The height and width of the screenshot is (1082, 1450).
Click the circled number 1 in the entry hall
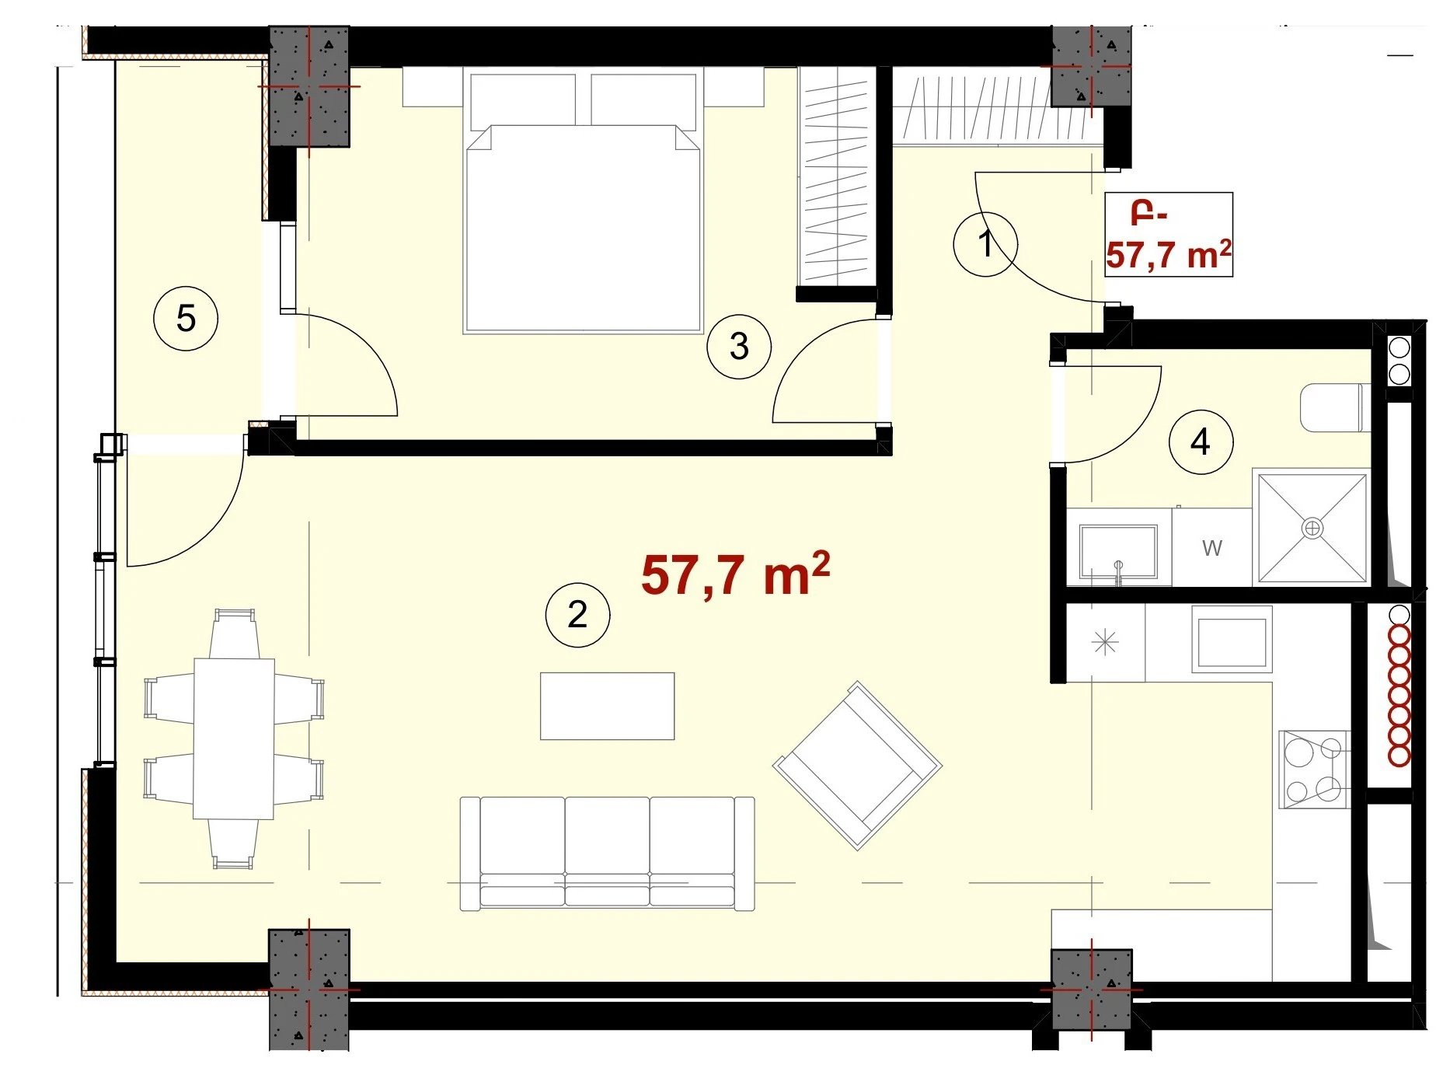point(985,244)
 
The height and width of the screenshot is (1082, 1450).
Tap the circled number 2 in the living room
point(577,615)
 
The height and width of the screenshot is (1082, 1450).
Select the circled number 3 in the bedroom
point(739,347)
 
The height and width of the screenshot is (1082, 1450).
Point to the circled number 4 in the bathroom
point(1201,442)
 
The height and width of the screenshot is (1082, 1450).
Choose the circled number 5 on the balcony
point(186,318)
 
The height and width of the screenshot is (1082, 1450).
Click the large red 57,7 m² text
point(735,574)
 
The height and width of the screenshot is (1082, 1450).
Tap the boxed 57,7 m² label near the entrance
point(1169,254)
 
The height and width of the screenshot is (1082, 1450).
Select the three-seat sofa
point(607,853)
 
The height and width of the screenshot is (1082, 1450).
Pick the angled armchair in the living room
point(857,766)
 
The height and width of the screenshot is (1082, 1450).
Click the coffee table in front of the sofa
point(608,706)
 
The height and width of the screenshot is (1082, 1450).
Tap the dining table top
point(234,738)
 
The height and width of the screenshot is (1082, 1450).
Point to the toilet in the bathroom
point(1334,407)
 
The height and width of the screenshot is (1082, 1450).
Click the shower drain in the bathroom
point(1312,529)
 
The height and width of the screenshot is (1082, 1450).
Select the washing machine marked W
point(1211,547)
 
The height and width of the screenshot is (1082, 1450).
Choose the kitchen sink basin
point(1232,643)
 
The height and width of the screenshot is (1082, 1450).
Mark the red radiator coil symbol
point(1399,686)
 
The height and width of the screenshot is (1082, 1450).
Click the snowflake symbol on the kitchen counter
point(1105,643)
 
